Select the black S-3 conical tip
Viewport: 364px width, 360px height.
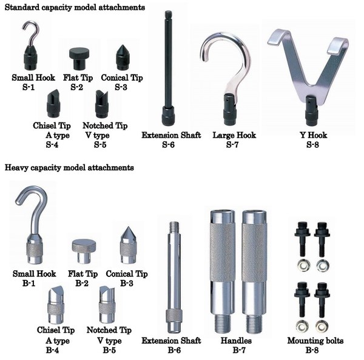[x=123, y=58]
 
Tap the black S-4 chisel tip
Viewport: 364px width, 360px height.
[x=53, y=104]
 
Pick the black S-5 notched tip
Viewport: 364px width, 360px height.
[x=102, y=104]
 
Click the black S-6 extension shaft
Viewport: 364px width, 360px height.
[x=168, y=68]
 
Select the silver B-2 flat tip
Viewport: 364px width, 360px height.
[x=84, y=252]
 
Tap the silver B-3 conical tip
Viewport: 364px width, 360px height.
[x=128, y=245]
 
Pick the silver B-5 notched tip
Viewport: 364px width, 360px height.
[x=107, y=305]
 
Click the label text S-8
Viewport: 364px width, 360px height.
[x=312, y=145]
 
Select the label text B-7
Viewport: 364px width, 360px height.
[x=239, y=350]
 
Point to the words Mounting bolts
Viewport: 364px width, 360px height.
[x=315, y=341]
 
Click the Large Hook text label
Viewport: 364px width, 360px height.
[x=234, y=135]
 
